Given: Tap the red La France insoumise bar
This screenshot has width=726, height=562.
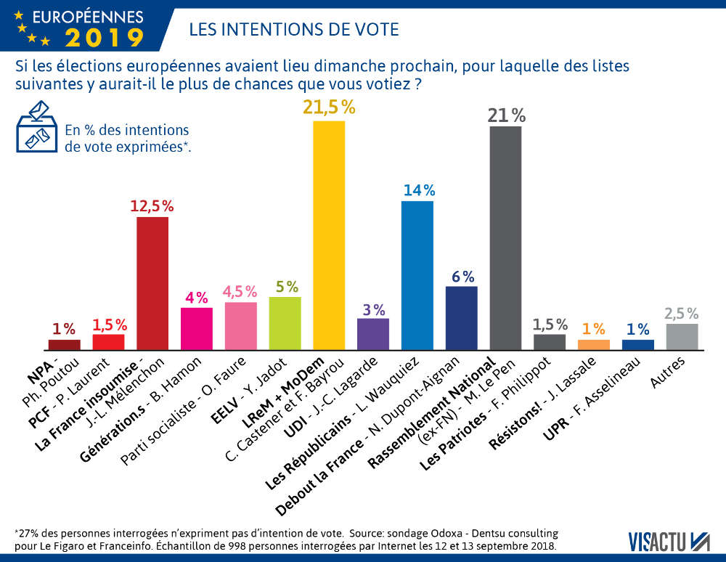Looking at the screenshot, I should pyautogui.click(x=152, y=283).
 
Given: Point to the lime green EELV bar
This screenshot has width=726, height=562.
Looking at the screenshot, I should pyautogui.click(x=285, y=323).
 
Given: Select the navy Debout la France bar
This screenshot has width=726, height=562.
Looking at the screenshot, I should pyautogui.click(x=461, y=318).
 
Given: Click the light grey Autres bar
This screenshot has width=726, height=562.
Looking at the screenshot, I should pyautogui.click(x=682, y=336).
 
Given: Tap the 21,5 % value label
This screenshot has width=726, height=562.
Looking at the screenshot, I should pyautogui.click(x=329, y=107).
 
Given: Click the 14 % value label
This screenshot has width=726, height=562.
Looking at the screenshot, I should pyautogui.click(x=417, y=190).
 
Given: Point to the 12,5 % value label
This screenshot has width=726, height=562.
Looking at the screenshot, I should pyautogui.click(x=152, y=205).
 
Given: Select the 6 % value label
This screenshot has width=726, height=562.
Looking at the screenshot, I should pyautogui.click(x=462, y=276).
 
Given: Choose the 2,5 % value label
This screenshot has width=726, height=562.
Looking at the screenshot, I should pyautogui.click(x=682, y=314).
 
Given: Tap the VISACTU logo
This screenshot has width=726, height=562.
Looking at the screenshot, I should pyautogui.click(x=669, y=539).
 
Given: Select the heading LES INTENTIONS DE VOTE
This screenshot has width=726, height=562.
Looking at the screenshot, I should pyautogui.click(x=293, y=29).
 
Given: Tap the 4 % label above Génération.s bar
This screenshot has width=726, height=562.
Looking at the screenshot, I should pyautogui.click(x=196, y=297).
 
